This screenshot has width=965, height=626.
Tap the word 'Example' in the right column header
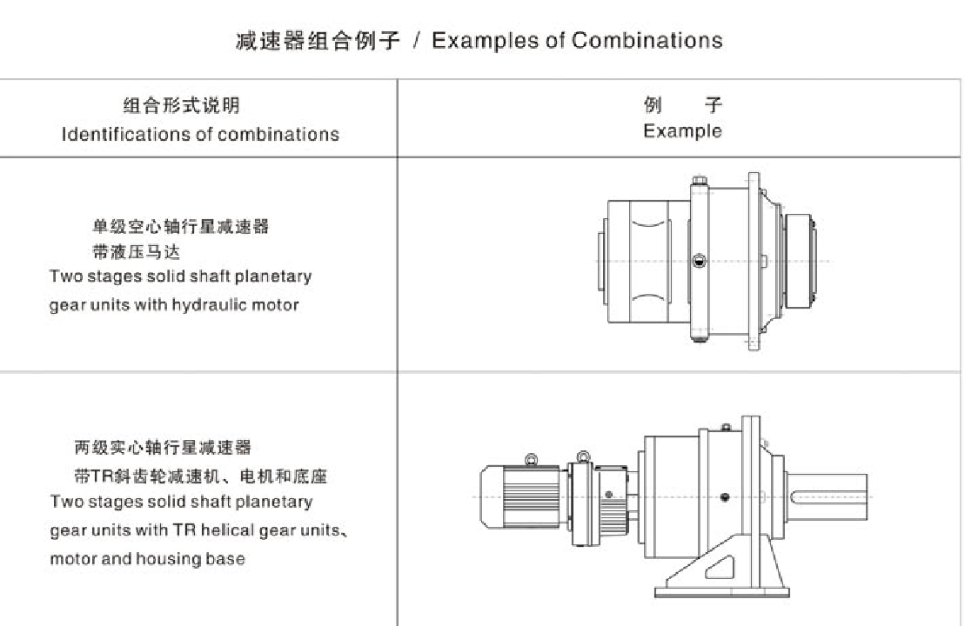[x=682, y=131]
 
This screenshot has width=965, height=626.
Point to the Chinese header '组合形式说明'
[x=181, y=106]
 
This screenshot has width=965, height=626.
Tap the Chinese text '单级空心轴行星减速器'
[x=180, y=227]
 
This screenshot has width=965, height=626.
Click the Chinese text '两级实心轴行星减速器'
[x=163, y=448]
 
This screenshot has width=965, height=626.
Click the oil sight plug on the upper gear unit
[x=699, y=260]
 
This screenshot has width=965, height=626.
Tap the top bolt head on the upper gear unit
[x=698, y=183]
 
